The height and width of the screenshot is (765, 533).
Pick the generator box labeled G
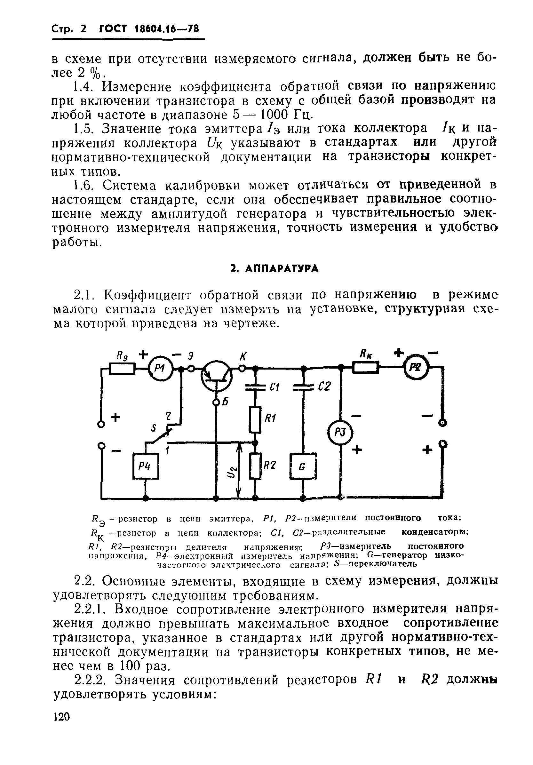point(302,466)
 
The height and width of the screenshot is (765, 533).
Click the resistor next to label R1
point(255,419)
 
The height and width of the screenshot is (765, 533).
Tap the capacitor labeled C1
point(255,386)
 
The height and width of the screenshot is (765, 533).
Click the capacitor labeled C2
point(304,386)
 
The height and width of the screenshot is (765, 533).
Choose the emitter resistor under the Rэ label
point(122,369)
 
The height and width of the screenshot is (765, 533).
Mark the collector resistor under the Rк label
point(365,368)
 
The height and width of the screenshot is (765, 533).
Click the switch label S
point(154,428)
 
